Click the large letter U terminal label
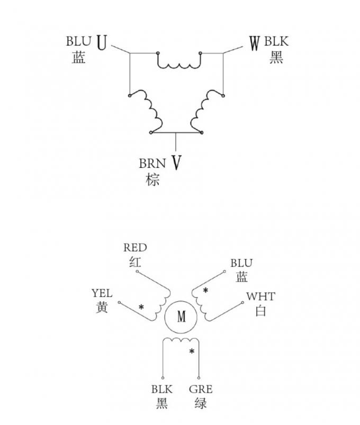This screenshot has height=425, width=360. [x=102, y=43]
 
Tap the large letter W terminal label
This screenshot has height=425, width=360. [x=255, y=43]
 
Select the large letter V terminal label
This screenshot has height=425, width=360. [x=176, y=162]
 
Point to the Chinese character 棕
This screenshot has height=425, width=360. [x=152, y=179]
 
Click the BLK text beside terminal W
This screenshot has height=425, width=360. [x=276, y=41]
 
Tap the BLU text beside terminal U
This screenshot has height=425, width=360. [x=78, y=41]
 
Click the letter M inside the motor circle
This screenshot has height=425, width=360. [x=182, y=317]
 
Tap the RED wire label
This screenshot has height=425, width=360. [x=135, y=248]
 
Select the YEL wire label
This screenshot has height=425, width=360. [x=102, y=293]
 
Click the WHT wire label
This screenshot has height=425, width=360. [x=261, y=296]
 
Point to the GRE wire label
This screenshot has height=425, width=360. [x=201, y=389]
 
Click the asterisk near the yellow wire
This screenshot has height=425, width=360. [x=141, y=307]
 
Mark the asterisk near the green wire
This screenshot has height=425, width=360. [x=192, y=351]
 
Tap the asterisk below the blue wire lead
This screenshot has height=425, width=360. [x=206, y=290]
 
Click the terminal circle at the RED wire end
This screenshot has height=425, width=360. [x=137, y=272]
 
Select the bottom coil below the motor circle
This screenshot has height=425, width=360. [x=181, y=340]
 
